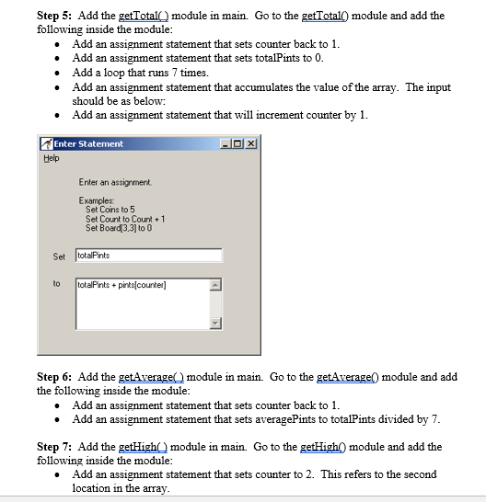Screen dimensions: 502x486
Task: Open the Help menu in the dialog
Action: pos(51,157)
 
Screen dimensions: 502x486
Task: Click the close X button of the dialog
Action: pos(251,144)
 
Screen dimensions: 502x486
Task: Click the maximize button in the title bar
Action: pos(239,144)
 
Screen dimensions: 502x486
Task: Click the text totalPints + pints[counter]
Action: pos(122,285)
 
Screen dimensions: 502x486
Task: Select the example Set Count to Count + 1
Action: pos(125,219)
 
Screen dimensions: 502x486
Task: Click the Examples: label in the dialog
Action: pos(97,200)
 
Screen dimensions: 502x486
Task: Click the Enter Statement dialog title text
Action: pos(88,144)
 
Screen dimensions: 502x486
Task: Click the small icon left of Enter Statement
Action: pos(46,144)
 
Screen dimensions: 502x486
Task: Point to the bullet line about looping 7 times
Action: pos(140,73)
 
